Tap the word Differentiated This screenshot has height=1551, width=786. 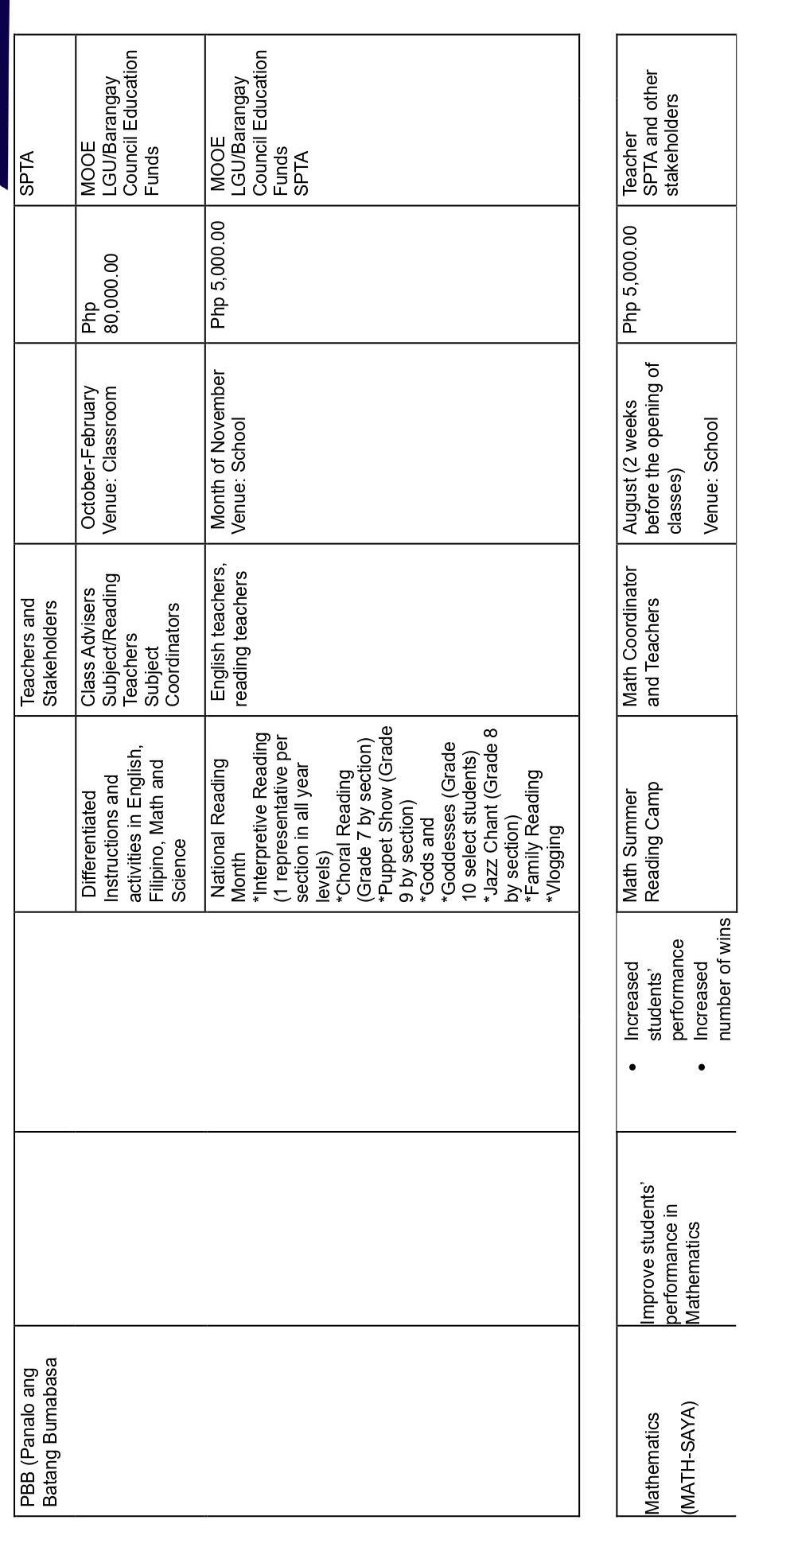[x=88, y=843]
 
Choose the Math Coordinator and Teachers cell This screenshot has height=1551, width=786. [x=641, y=636]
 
